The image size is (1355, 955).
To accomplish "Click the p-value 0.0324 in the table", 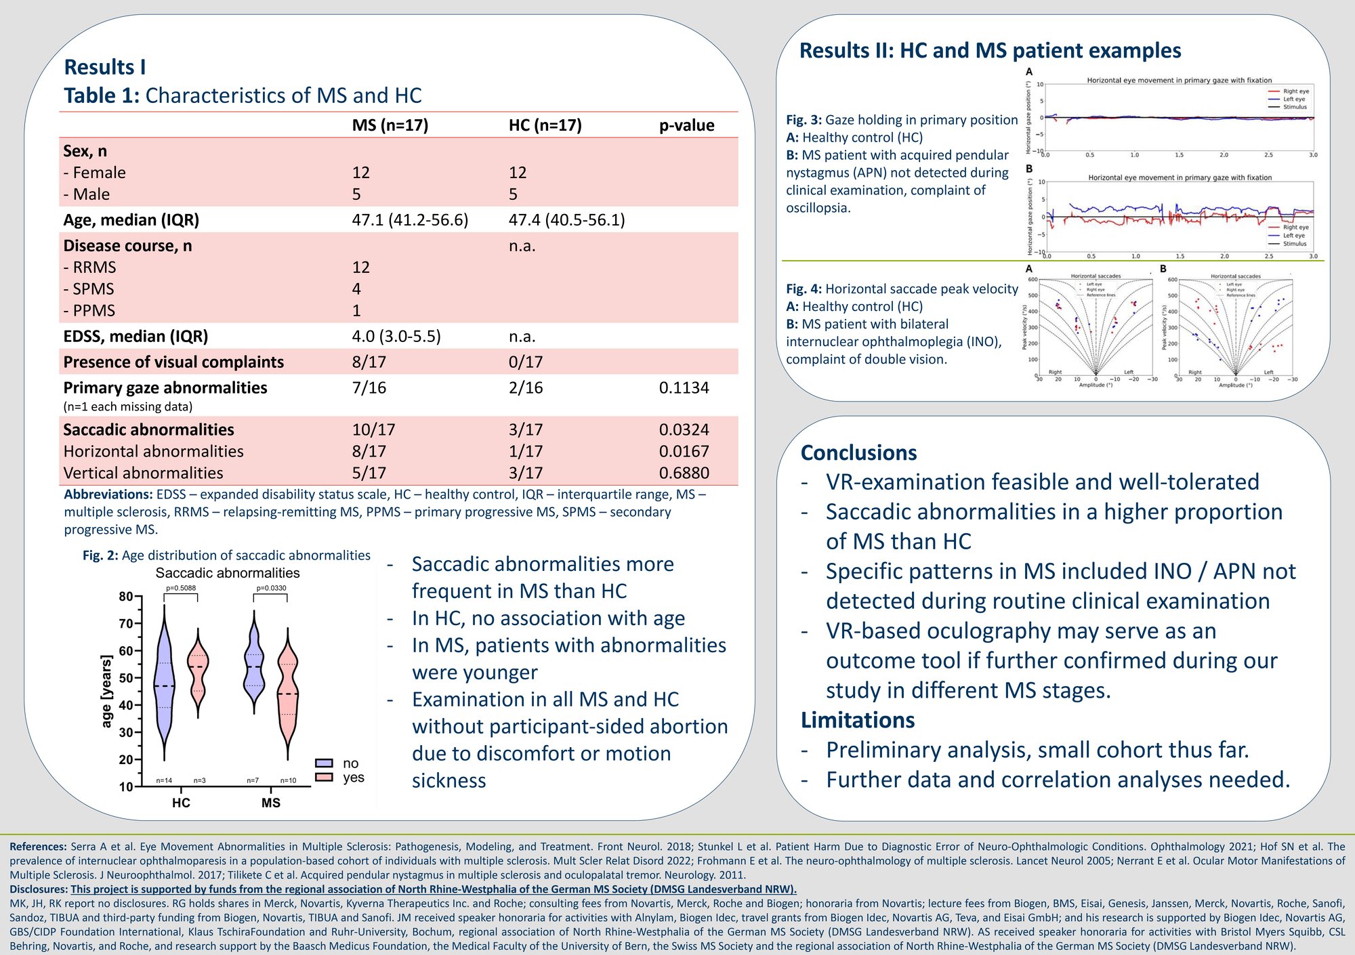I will tap(684, 429).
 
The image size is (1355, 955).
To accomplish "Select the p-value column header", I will tap(686, 125).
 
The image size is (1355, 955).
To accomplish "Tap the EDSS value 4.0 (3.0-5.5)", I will tap(396, 337).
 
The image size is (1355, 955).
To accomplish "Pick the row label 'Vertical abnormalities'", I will tap(143, 473).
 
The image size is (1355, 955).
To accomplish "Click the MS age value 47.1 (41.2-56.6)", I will tap(410, 220).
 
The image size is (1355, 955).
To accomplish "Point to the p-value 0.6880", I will tap(684, 473).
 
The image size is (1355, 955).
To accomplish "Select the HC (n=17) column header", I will tap(545, 125).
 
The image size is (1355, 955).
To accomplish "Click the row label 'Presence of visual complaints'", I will tap(173, 362).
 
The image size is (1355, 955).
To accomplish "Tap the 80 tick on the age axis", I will tap(126, 597).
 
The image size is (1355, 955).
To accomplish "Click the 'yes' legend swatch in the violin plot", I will tap(324, 777).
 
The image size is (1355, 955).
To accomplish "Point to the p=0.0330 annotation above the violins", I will tap(271, 588).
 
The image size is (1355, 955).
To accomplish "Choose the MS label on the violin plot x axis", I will tap(270, 803).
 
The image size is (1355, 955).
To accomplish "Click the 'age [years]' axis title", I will tap(106, 691).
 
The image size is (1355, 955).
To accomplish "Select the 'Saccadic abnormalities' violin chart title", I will tap(228, 573).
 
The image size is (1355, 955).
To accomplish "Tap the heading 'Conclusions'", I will tap(858, 452).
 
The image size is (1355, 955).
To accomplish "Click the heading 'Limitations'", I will tap(857, 720).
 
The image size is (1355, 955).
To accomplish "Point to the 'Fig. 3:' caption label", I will tap(804, 120).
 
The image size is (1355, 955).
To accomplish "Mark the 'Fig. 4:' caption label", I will tap(804, 289).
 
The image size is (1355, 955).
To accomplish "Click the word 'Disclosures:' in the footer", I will tap(39, 889).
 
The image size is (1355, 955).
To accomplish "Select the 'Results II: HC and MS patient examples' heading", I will tap(990, 51).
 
